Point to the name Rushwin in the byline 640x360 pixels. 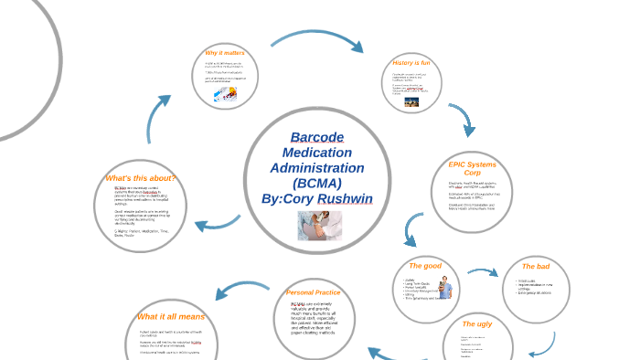click(341, 199)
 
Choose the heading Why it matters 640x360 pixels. click(225, 54)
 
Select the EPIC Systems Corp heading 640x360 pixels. click(472, 169)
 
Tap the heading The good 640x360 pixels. click(425, 266)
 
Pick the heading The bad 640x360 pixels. click(536, 266)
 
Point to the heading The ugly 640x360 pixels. click(477, 324)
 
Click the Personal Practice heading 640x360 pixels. click(313, 292)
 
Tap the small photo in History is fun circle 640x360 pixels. click(412, 102)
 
